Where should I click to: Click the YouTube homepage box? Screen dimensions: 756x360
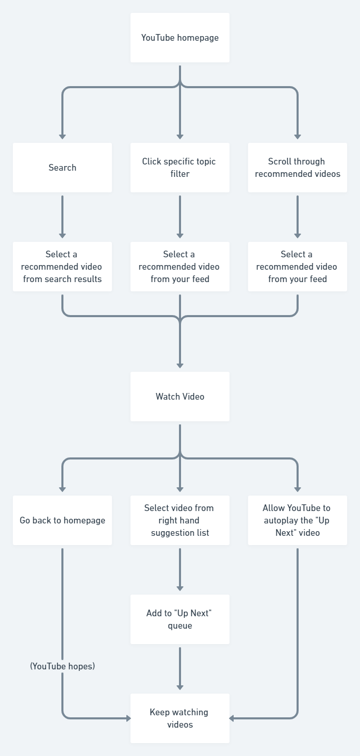click(179, 38)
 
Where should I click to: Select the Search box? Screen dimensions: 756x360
click(62, 168)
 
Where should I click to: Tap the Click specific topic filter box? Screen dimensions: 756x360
click(179, 168)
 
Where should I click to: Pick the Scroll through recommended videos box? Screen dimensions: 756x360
click(297, 168)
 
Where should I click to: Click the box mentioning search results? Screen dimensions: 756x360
click(62, 267)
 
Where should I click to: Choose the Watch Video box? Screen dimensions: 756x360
click(179, 397)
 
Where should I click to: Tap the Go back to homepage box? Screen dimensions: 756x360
click(62, 520)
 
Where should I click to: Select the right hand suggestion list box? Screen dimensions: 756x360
click(179, 520)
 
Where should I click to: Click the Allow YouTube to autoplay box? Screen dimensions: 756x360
click(297, 520)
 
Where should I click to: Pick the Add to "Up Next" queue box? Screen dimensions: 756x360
click(179, 619)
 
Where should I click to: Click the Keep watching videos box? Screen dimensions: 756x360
click(179, 718)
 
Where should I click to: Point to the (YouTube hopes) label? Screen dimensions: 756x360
click(62, 666)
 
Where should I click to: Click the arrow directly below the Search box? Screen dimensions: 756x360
click(62, 217)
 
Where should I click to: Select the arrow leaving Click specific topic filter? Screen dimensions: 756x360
click(179, 217)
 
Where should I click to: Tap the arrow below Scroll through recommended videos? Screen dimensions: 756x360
click(298, 217)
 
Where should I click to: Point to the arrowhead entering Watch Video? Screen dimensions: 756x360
click(179, 365)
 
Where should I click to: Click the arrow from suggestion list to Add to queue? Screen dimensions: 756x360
click(179, 569)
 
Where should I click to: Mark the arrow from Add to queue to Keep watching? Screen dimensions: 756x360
click(179, 668)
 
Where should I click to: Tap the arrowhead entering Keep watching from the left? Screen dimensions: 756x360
click(127, 718)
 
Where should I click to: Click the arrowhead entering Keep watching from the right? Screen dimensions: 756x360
click(233, 718)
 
